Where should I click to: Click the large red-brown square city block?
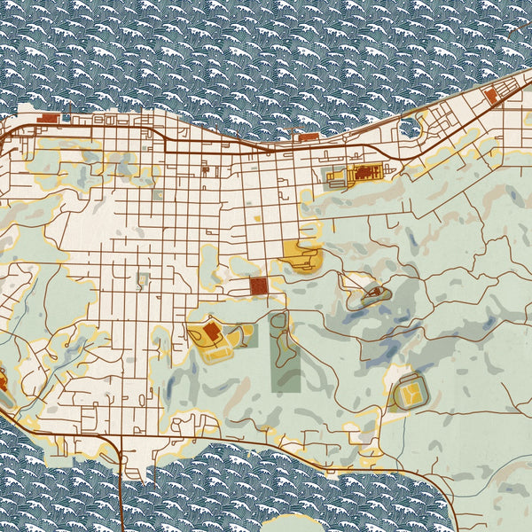(259, 286)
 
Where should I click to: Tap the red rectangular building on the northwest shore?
(49, 118)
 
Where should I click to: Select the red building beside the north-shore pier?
(309, 137)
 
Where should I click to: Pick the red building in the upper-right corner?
(490, 95)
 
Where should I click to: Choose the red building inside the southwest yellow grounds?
(212, 332)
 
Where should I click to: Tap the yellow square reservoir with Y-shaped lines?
(410, 390)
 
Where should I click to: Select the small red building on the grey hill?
(374, 292)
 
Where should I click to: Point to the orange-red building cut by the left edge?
(2, 383)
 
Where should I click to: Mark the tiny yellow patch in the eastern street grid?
(258, 216)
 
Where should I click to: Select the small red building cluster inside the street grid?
(206, 168)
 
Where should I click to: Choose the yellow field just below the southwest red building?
(217, 352)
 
